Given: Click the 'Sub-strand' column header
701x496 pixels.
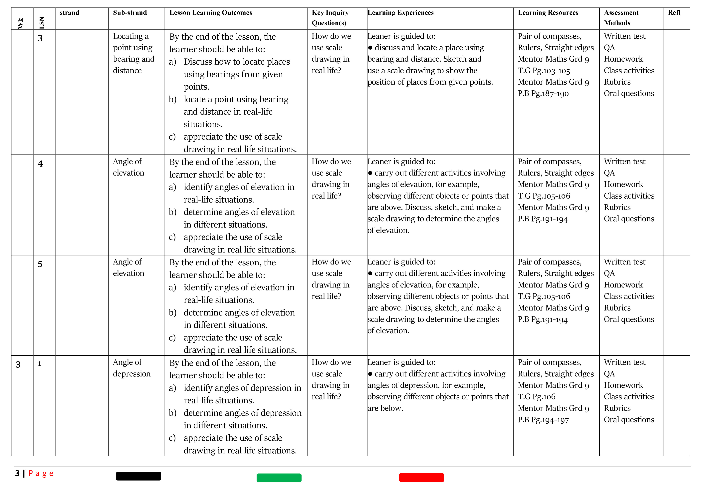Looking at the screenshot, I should pyautogui.click(x=130, y=13).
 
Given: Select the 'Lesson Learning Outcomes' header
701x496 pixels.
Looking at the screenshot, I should pyautogui.click(x=211, y=13).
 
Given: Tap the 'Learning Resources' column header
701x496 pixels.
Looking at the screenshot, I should pyautogui.click(x=548, y=13).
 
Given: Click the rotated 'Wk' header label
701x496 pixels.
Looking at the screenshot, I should pyautogui.click(x=20, y=24).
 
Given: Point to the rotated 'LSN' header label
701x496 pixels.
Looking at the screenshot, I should pyautogui.click(x=42, y=23).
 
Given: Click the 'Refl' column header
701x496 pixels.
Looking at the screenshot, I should pyautogui.click(x=674, y=13).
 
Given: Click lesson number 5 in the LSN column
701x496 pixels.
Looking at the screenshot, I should pyautogui.click(x=40, y=264).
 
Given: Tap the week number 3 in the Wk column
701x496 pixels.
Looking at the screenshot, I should pyautogui.click(x=18, y=365).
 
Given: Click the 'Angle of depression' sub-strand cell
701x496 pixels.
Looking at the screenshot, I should pyautogui.click(x=132, y=368).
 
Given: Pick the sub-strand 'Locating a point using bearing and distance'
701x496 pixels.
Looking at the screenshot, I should pyautogui.click(x=133, y=53).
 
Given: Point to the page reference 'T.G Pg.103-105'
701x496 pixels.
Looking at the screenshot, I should pyautogui.click(x=544, y=71).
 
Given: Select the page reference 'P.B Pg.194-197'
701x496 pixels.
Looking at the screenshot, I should pyautogui.click(x=543, y=420).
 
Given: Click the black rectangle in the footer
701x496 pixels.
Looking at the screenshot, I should pyautogui.click(x=138, y=476).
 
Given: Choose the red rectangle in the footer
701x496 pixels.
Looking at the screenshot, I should pyautogui.click(x=421, y=477).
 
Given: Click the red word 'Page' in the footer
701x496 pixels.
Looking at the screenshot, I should pyautogui.click(x=41, y=474).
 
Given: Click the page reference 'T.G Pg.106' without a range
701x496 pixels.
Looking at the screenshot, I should pyautogui.click(x=536, y=397).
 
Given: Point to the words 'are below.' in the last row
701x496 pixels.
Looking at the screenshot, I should pyautogui.click(x=385, y=408).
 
